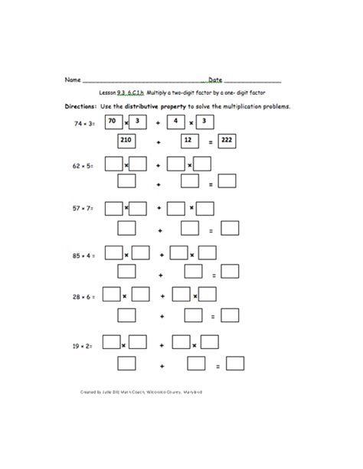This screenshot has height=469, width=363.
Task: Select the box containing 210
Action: pos(126,142)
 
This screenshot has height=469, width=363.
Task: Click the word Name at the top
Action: pos(72,80)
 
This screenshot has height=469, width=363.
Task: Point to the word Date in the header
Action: pos(215,80)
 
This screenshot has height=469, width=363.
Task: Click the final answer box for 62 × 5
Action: pos(227,183)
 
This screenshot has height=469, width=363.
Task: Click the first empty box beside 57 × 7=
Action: pos(113,207)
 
